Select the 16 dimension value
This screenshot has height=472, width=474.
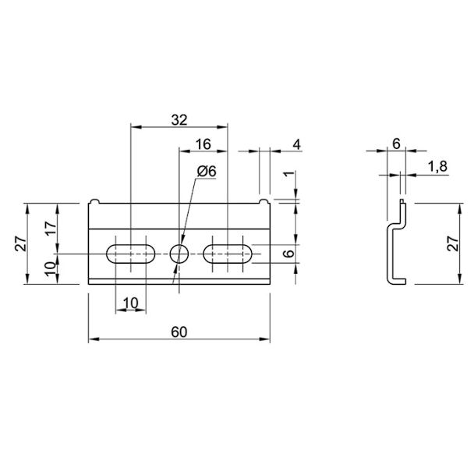203,144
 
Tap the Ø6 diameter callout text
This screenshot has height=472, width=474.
206,171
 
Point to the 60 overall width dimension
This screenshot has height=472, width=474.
179,332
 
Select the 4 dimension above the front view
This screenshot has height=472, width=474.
296,144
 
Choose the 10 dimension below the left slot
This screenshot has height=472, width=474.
130,303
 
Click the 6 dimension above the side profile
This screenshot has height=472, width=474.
396,144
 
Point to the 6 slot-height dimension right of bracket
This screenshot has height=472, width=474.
287,254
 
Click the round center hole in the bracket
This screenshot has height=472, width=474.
179,253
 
